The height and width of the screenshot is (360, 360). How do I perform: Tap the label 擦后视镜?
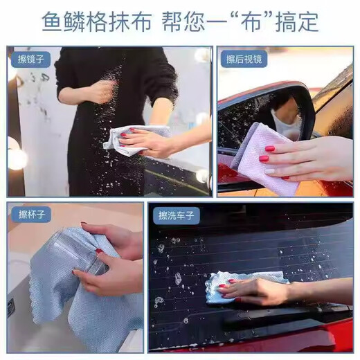[244, 60]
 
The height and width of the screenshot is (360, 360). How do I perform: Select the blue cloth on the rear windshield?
[239, 285]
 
